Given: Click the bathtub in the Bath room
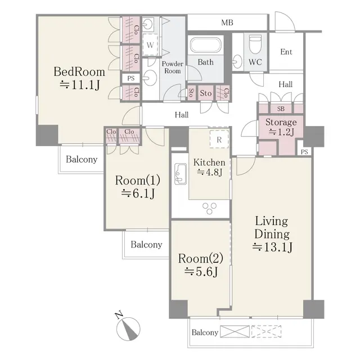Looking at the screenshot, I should [206, 46].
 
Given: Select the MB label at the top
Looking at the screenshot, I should [227, 23].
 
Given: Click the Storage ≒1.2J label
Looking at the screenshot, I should [281, 127].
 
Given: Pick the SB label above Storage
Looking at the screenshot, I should [280, 109].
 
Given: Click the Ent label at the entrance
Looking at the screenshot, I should [286, 52].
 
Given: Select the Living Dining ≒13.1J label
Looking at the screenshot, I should [271, 233].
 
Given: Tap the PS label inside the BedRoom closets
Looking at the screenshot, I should [130, 78].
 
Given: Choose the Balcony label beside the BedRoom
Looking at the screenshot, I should [81, 159].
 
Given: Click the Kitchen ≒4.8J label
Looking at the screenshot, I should [209, 168].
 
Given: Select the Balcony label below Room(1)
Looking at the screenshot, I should [146, 245].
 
